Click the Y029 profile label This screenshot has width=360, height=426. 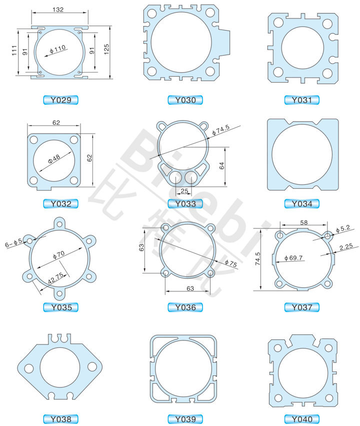[61, 100]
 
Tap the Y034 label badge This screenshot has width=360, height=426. [301, 204]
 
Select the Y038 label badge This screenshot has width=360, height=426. [61, 419]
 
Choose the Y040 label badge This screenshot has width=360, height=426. [301, 419]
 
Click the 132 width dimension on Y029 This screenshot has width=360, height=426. [58, 10]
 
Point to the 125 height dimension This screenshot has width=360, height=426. [106, 50]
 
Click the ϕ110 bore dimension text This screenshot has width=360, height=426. [57, 49]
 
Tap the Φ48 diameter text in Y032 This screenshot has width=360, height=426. [54, 159]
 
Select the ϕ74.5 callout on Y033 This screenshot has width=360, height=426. [220, 130]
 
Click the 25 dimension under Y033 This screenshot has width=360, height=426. [184, 191]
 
